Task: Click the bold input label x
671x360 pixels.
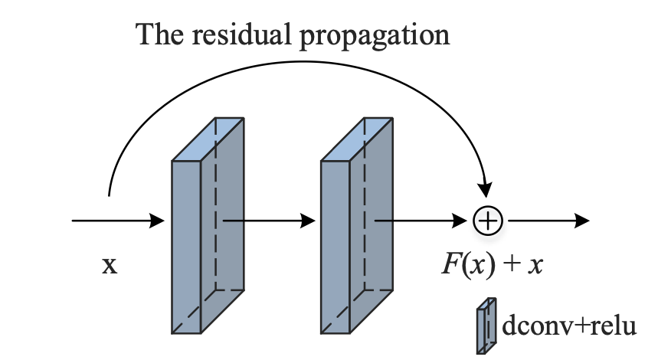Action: click(x=110, y=267)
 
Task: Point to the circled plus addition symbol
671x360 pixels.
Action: click(x=487, y=221)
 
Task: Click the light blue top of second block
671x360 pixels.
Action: click(x=358, y=139)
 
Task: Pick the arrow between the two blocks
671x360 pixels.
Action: click(x=268, y=221)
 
